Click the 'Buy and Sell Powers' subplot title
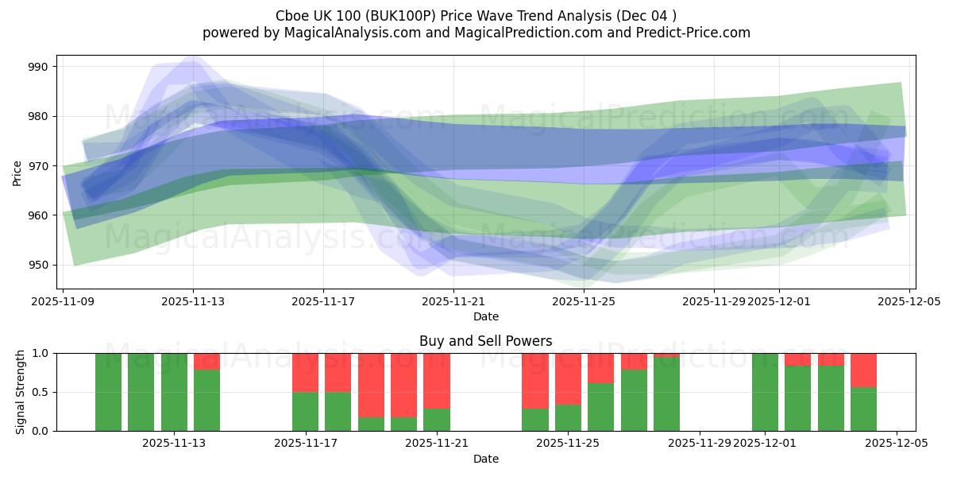[x=485, y=341]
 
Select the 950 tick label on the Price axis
[x=38, y=265]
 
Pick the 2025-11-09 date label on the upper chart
[x=63, y=301]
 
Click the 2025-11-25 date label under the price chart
[x=584, y=301]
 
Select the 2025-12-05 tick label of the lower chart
[x=897, y=443]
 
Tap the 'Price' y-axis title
[x=17, y=173]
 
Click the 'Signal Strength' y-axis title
[x=21, y=392]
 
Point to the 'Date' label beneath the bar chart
[x=485, y=459]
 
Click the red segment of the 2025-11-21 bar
[x=437, y=380]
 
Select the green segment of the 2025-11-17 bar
[x=305, y=411]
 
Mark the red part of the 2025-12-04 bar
[x=863, y=370]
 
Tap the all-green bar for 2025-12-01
[x=765, y=392]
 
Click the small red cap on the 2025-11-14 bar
[x=206, y=361]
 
